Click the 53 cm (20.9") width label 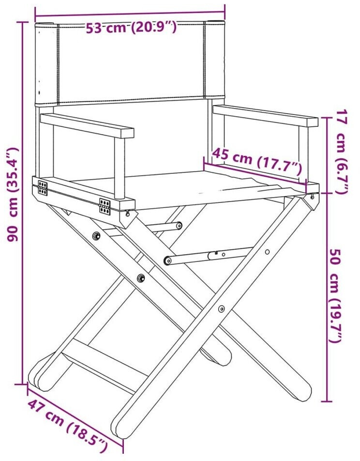131,28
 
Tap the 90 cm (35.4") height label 13,194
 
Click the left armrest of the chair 87,126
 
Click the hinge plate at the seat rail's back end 43,187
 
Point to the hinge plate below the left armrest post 105,206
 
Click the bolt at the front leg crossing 221,309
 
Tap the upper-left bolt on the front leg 96,235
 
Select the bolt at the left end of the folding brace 168,261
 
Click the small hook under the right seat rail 313,196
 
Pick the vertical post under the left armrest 120,168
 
